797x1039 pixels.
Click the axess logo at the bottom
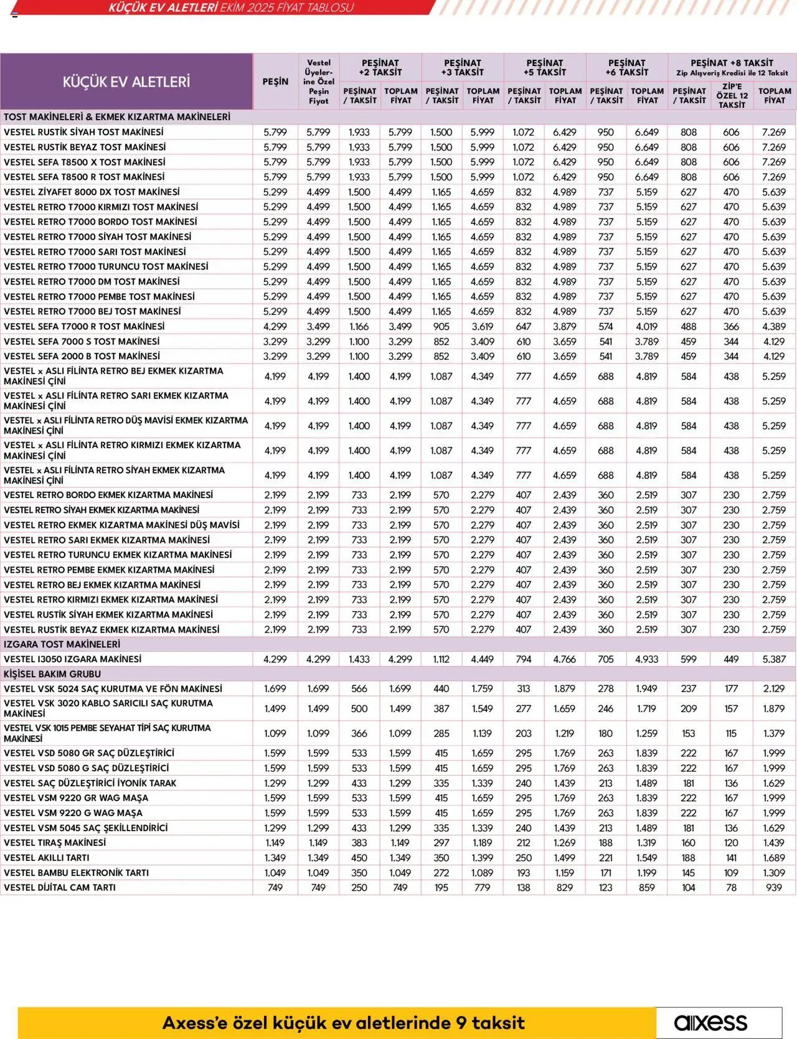[710, 1022]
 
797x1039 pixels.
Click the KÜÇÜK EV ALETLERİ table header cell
[126, 82]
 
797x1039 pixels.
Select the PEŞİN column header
[275, 82]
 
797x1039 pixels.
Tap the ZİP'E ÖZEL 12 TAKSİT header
[732, 96]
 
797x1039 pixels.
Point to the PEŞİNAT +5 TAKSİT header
[544, 67]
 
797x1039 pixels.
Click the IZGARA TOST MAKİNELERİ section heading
[62, 644]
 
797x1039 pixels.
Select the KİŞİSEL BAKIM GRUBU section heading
[52, 674]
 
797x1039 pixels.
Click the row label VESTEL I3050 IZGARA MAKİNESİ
[73, 659]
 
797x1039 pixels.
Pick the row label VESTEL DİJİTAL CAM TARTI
[60, 887]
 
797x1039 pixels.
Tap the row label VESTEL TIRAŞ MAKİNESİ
[55, 842]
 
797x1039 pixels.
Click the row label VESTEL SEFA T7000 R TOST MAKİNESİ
[84, 326]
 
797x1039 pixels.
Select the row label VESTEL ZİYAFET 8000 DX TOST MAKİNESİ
[92, 192]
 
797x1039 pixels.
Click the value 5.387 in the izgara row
[774, 659]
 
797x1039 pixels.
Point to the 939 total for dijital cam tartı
[774, 887]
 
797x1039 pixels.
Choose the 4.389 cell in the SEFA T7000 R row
[774, 326]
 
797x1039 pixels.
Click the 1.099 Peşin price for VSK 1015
[275, 733]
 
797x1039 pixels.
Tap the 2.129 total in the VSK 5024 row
[774, 689]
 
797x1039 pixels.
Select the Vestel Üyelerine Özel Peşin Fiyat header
[318, 82]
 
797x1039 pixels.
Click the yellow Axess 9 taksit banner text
[343, 1023]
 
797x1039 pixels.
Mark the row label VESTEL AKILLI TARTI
[47, 857]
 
